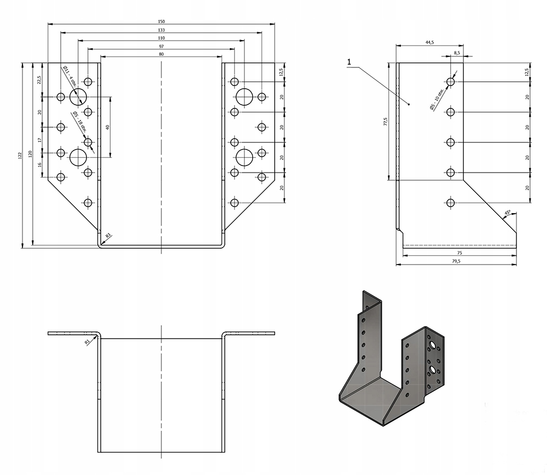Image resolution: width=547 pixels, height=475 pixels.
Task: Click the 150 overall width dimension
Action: coord(161,21)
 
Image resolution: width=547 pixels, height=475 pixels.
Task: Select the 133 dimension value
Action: coord(161,30)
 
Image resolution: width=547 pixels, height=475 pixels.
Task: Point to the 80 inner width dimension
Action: coord(161,54)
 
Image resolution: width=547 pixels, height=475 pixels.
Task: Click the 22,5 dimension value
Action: coord(40,80)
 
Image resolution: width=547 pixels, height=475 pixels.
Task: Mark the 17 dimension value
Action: coord(40,141)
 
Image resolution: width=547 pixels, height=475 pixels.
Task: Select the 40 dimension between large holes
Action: coord(108,127)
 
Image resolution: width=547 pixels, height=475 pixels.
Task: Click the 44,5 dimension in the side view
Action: coord(429,42)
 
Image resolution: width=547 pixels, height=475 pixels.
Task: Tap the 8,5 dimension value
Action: coord(457,53)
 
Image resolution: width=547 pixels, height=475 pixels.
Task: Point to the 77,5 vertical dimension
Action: coord(386,121)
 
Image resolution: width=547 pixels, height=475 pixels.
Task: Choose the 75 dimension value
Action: coord(459,253)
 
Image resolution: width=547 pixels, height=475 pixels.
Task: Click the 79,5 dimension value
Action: coord(456,262)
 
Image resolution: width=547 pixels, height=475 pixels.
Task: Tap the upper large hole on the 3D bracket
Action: coord(433,345)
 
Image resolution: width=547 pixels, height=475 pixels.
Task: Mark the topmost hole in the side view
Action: coord(451,82)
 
